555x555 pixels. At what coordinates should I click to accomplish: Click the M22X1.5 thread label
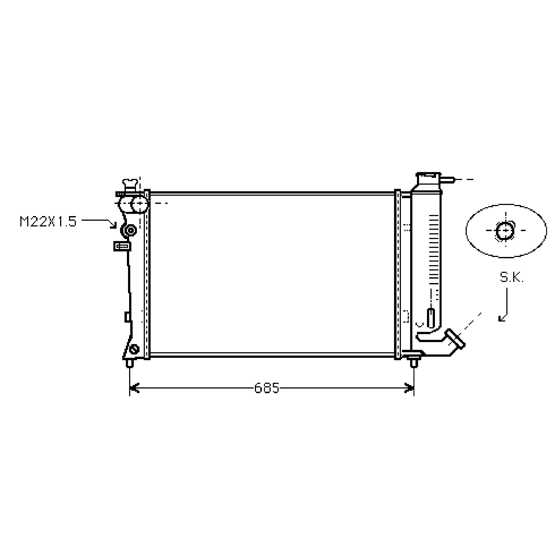pos(48,221)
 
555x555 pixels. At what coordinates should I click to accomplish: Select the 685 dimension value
pos(267,388)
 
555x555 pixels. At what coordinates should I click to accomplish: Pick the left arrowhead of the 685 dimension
pos(134,388)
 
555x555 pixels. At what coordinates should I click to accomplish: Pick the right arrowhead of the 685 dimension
pos(409,388)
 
